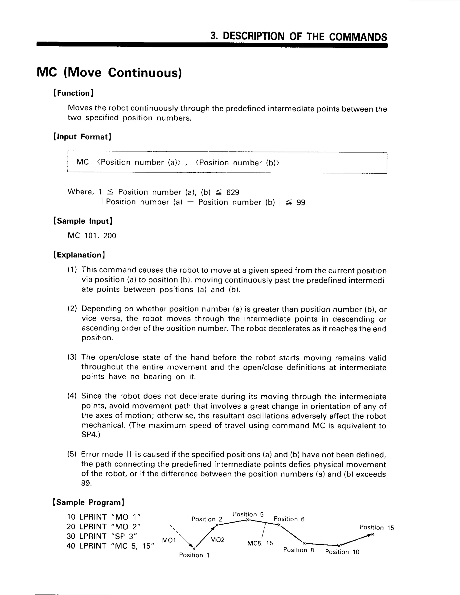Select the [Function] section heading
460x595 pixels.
coord(74,93)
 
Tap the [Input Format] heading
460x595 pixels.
coord(82,137)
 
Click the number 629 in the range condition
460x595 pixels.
coord(232,192)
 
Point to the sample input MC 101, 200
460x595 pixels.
coord(92,236)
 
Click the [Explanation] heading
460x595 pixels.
coord(79,255)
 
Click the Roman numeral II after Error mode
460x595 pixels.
coord(129,454)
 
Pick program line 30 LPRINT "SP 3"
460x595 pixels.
coord(102,536)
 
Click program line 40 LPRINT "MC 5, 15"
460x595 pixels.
coord(110,546)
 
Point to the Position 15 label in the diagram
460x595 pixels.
coord(377,527)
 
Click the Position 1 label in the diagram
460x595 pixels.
coord(194,555)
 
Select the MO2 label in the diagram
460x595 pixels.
coord(217,540)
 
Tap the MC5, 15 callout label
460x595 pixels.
coord(260,543)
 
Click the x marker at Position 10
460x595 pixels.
coord(339,545)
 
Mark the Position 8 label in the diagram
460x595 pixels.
coord(299,550)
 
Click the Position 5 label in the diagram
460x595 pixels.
coord(248,514)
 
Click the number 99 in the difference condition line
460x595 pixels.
coord(301,203)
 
